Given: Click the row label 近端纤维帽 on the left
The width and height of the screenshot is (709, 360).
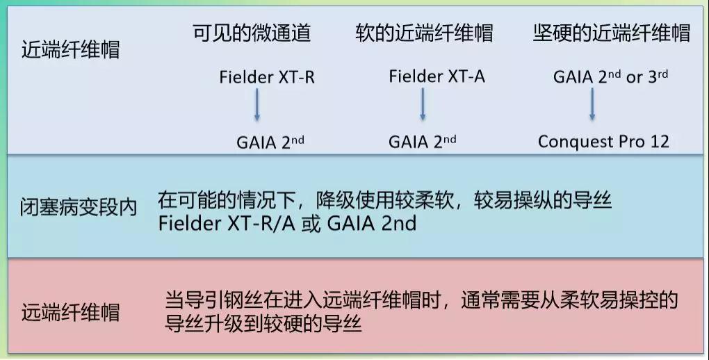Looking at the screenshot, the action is click(x=70, y=49).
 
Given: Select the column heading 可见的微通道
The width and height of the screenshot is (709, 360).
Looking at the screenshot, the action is click(x=252, y=33).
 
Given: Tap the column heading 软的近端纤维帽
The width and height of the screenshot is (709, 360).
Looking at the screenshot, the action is click(x=424, y=33).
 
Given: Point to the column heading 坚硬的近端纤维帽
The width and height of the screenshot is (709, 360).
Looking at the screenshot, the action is click(x=611, y=33).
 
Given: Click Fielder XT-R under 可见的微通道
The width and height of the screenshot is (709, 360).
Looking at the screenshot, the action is click(x=267, y=77).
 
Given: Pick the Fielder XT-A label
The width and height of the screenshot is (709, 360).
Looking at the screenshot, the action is click(x=437, y=76).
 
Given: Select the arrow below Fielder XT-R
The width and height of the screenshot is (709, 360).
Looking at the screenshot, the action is click(x=256, y=104).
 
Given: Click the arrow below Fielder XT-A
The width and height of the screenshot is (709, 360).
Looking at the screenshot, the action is click(x=423, y=104).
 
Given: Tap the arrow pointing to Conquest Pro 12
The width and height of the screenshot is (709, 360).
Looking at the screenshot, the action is click(x=592, y=104).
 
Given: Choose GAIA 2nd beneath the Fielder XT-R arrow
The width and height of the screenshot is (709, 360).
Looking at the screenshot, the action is click(x=270, y=142).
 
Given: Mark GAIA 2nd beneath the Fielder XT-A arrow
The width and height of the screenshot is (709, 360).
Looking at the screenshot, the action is click(x=423, y=142).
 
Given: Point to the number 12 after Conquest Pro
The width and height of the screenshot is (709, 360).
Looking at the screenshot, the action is click(x=660, y=142).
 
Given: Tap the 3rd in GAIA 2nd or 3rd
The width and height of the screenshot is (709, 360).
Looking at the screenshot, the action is click(x=658, y=76).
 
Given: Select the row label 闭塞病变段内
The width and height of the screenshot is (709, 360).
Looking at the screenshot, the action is click(x=79, y=207).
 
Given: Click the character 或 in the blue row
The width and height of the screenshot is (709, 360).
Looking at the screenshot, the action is click(x=311, y=223).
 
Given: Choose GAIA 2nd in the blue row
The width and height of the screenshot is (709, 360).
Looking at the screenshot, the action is click(x=371, y=223).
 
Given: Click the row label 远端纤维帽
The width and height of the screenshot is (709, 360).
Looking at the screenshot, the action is click(x=70, y=312).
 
